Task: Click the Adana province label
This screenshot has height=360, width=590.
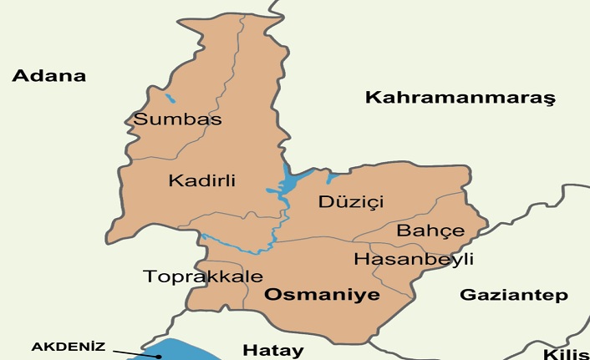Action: point(49,76)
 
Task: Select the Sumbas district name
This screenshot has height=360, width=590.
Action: point(177,119)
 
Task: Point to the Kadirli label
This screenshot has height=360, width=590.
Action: point(201,180)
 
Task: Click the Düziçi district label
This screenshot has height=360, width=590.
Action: point(350,202)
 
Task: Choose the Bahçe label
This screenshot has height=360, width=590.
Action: point(430,231)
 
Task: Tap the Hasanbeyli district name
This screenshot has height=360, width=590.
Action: point(413,260)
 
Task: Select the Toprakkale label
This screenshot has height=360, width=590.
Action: point(203,276)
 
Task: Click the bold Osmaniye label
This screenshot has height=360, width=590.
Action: point(322,295)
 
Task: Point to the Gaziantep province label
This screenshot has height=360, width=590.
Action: point(514,295)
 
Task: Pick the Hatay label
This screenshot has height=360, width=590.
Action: point(272,349)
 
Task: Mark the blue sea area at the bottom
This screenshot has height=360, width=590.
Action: point(180,351)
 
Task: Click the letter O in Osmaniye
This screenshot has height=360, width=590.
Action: point(272,295)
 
